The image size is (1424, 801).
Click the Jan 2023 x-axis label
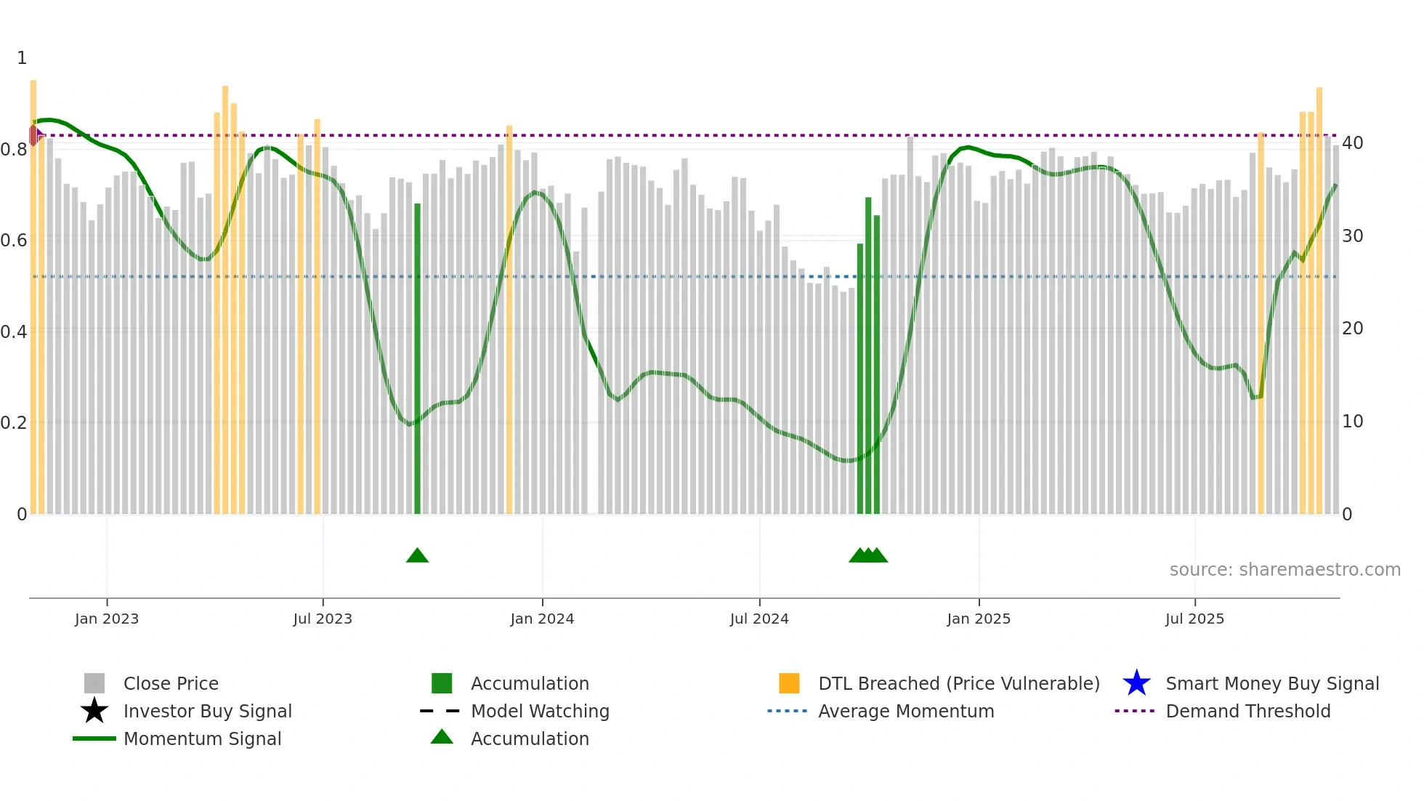107,619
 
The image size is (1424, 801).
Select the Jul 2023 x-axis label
323,619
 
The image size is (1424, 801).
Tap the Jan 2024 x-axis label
542,619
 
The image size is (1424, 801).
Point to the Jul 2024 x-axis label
759,619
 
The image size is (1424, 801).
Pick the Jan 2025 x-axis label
979,619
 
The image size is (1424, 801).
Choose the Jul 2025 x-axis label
1194,619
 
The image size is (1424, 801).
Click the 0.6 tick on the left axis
14,241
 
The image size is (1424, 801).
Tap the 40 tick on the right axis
1353,143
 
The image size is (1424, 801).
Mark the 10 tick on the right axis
1353,422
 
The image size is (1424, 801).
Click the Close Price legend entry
171,684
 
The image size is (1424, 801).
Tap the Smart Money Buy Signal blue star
1136,684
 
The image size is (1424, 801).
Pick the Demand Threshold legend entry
1247,712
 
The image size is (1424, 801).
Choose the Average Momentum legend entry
906,712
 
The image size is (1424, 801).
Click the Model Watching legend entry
540,712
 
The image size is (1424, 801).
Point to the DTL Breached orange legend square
789,684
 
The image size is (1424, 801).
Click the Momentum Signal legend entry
202,739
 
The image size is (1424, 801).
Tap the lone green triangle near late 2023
417,556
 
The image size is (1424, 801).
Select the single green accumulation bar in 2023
417,359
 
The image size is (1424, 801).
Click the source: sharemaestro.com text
1285,570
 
